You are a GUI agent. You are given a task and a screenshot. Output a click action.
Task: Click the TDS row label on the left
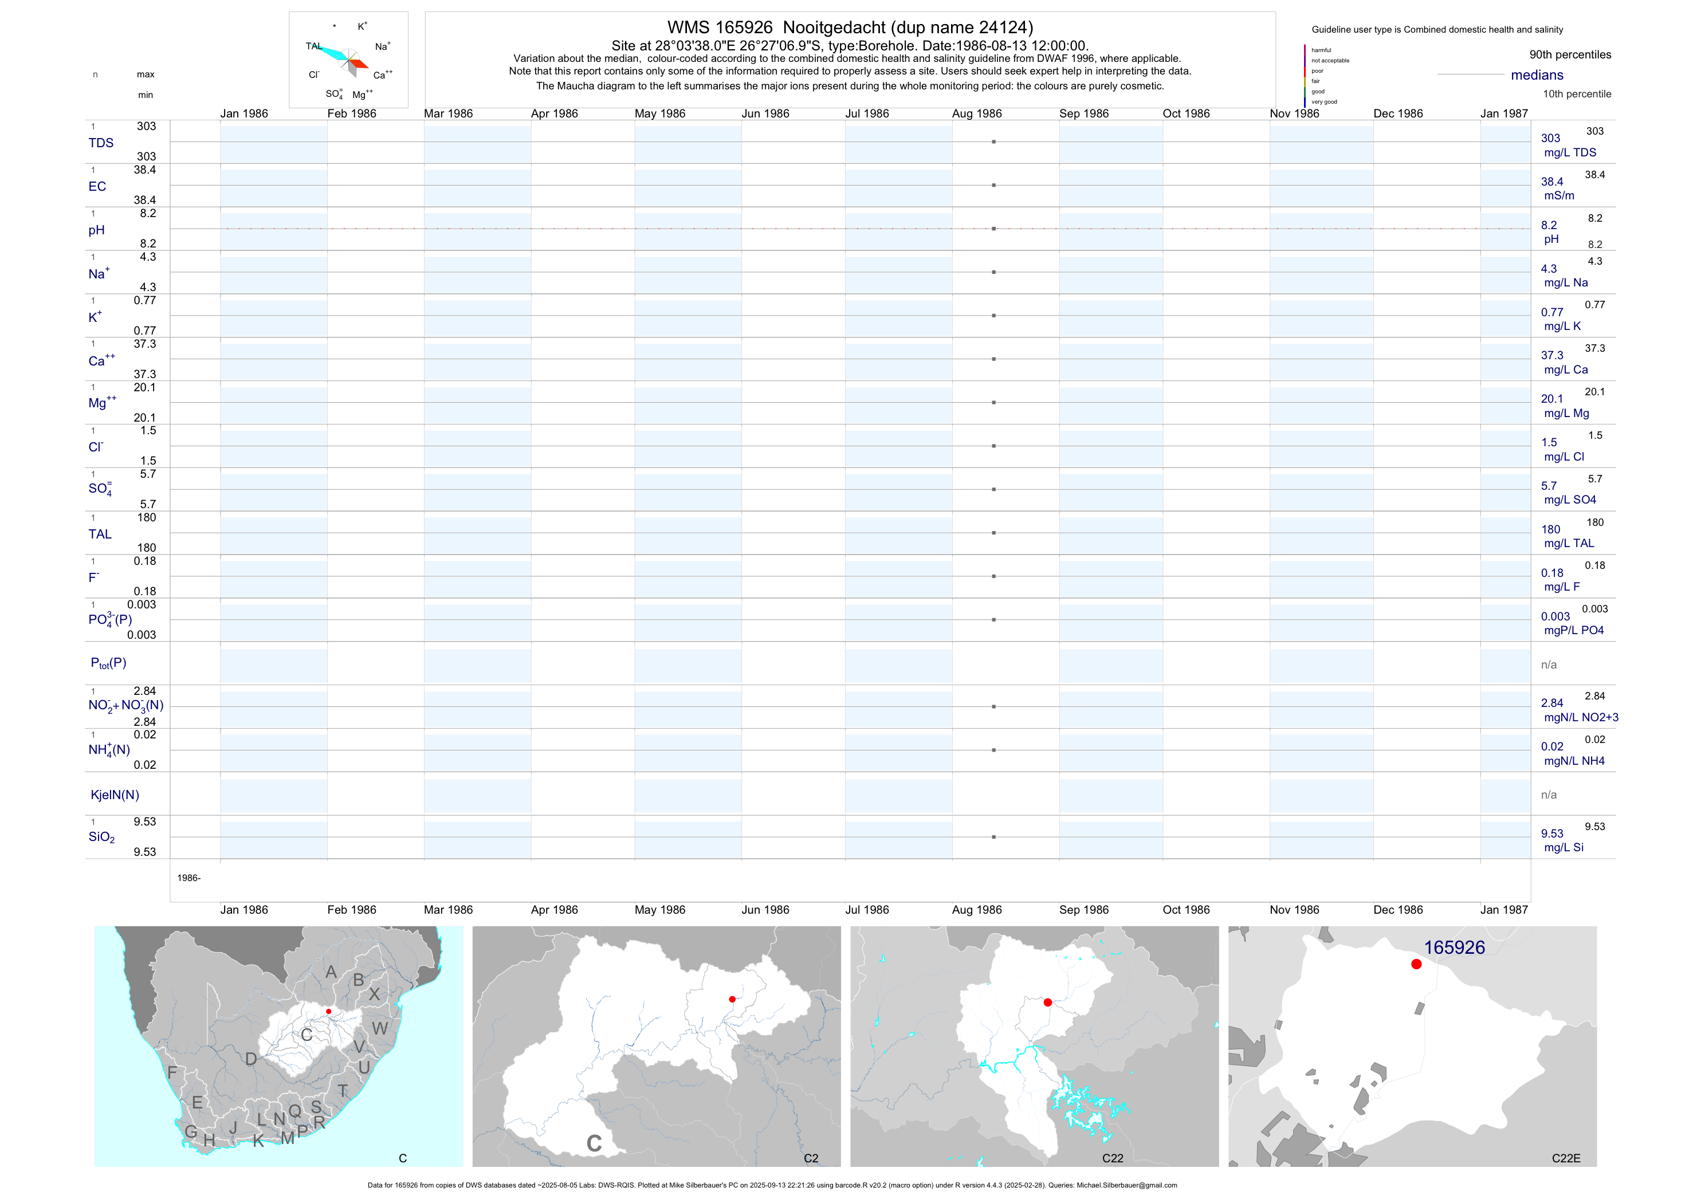[101, 143]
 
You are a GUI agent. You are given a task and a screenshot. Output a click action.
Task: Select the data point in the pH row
[993, 229]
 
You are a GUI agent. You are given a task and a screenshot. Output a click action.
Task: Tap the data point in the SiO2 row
[993, 837]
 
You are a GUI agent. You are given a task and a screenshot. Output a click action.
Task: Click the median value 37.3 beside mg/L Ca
[1552, 356]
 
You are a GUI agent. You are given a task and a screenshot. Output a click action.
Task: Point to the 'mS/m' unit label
[1559, 195]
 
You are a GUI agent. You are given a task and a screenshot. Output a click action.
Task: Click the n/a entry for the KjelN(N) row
[1549, 795]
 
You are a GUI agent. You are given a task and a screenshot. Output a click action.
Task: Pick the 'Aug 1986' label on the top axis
[976, 113]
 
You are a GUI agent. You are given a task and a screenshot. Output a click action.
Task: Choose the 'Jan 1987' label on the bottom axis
[1503, 910]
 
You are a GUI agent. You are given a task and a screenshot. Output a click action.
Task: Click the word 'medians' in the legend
[1537, 75]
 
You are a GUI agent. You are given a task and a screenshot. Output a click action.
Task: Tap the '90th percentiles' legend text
[1570, 55]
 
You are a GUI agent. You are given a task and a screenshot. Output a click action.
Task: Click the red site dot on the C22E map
[1416, 965]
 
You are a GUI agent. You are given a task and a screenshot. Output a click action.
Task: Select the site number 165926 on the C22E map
[1453, 948]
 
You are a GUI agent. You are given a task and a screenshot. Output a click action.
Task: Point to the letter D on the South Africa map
[251, 1059]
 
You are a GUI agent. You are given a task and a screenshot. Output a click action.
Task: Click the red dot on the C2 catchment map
[732, 999]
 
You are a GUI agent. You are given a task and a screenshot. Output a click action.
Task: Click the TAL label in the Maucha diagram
[313, 46]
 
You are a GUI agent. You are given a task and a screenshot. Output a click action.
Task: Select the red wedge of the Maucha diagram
[359, 64]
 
